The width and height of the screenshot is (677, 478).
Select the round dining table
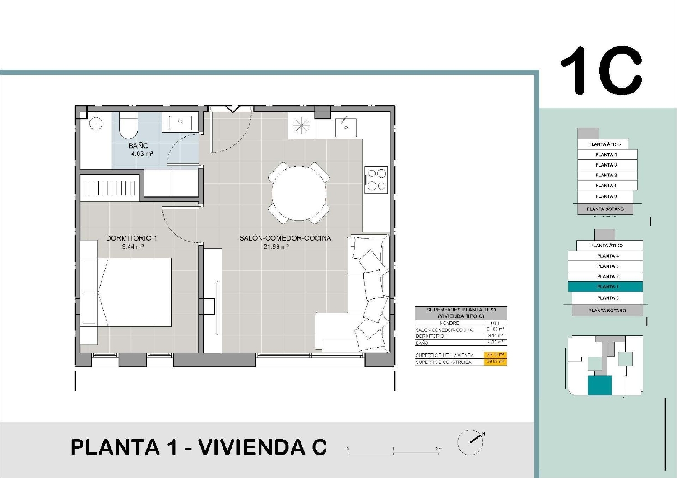tap(299, 193)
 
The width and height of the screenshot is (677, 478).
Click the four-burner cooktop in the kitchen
tap(376, 180)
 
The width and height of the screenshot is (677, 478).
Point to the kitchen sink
tap(346, 126)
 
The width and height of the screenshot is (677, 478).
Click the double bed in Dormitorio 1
tap(134, 292)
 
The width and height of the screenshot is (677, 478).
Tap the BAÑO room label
tap(138, 145)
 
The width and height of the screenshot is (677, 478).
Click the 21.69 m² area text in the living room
tap(276, 246)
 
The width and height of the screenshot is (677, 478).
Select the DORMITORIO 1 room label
tap(131, 238)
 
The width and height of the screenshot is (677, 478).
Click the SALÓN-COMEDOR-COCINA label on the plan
tap(285, 238)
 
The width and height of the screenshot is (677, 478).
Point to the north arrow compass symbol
tap(471, 442)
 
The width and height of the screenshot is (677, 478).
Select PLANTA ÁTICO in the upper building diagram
tap(604, 144)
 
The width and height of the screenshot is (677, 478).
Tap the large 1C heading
tap(601, 71)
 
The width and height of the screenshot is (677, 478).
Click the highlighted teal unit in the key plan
tap(599, 385)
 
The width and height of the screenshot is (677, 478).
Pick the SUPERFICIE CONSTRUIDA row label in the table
tap(443, 362)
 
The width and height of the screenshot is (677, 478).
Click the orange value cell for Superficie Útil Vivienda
tap(495, 355)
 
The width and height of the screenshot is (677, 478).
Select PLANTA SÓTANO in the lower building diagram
tap(607, 311)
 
